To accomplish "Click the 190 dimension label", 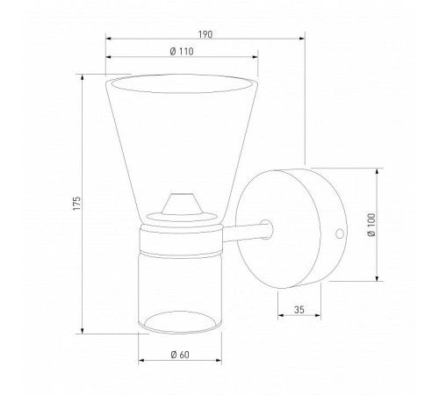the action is (205, 34).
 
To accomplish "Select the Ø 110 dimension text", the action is (182, 52).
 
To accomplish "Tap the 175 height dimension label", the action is (76, 203).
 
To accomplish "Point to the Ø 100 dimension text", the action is (371, 225).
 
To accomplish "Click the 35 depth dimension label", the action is (299, 310).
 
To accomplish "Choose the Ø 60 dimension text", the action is (180, 355).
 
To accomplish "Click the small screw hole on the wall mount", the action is (340, 233).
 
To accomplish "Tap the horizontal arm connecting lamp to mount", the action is (244, 233).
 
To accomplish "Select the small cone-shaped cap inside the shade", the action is (182, 204).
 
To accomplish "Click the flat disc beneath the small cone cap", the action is (182, 218).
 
